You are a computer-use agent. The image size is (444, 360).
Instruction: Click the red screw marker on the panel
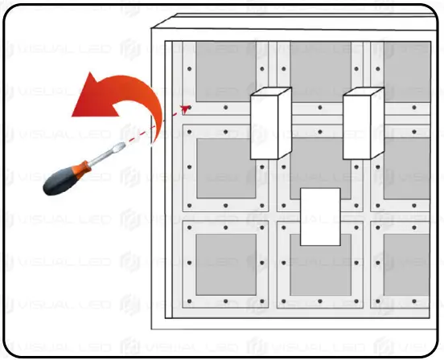click(x=186, y=107)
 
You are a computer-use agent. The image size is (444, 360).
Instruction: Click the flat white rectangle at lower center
click(x=320, y=216)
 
